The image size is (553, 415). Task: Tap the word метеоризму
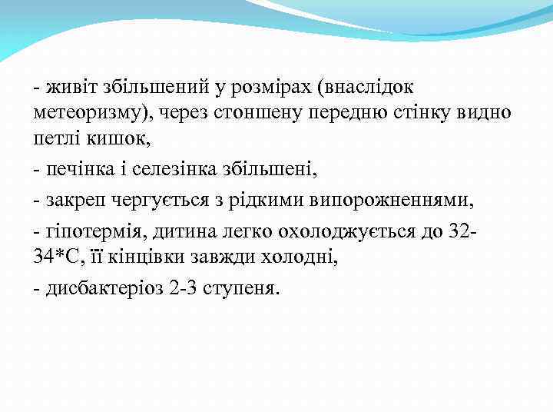pos(92,113)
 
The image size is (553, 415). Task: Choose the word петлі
pos(58,138)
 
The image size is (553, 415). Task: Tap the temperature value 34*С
pos(56,257)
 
